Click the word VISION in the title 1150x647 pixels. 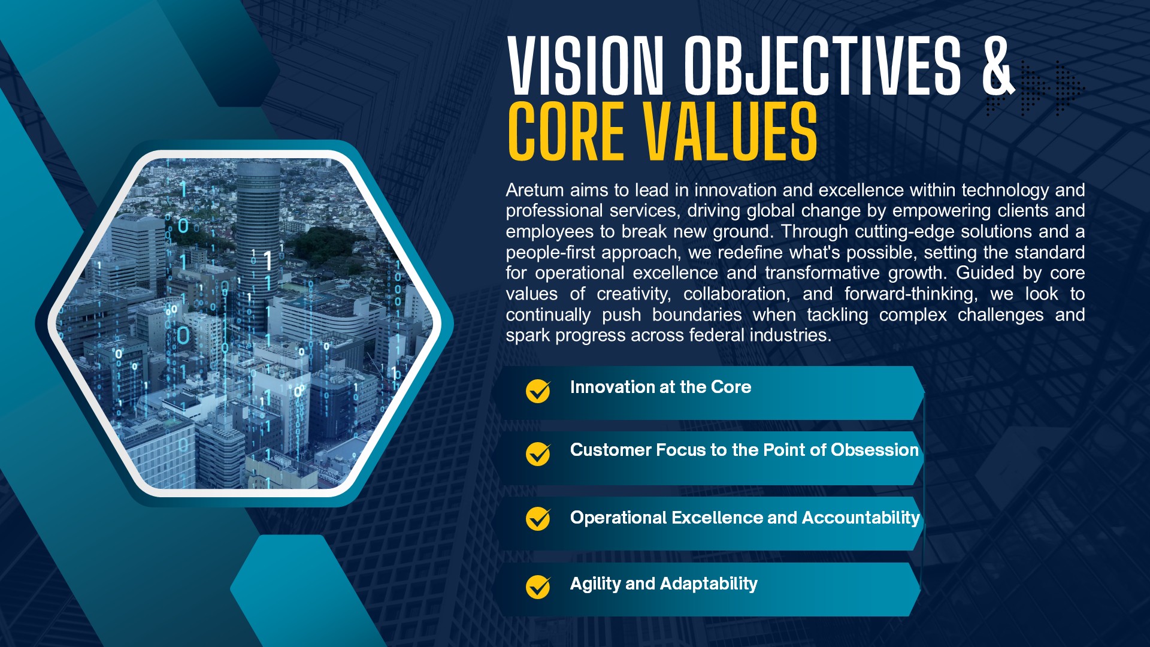[x=586, y=65]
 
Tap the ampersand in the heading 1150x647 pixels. [x=998, y=65]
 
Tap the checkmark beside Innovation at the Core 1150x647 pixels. [x=538, y=391]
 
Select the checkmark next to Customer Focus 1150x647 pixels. [x=538, y=454]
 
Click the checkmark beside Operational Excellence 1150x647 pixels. [x=538, y=519]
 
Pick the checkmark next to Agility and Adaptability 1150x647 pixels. [x=538, y=587]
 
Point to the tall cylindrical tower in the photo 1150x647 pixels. [x=258, y=240]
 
